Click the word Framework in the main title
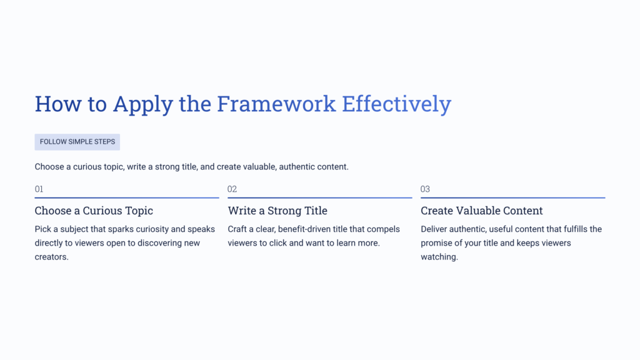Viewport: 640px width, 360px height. click(x=276, y=104)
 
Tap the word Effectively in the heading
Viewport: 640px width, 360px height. click(x=396, y=104)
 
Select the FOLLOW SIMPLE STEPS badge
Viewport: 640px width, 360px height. click(x=77, y=142)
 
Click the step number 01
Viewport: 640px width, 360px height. click(x=39, y=189)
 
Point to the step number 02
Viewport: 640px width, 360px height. click(x=232, y=189)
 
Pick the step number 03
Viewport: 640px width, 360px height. click(x=426, y=189)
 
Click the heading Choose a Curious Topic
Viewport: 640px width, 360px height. click(x=94, y=211)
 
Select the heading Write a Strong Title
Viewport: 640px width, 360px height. click(x=277, y=211)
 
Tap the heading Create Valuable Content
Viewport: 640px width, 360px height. click(x=482, y=211)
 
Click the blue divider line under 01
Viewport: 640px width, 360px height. click(x=127, y=197)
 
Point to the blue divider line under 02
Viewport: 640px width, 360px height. click(x=320, y=197)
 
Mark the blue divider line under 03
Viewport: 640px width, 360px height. click(x=512, y=197)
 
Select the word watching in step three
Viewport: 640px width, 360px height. click(x=439, y=257)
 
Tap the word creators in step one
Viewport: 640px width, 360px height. click(x=51, y=257)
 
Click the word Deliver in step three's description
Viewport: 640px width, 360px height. click(x=435, y=229)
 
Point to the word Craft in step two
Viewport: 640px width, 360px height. click(x=238, y=229)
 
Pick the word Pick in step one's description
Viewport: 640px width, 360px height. click(x=43, y=229)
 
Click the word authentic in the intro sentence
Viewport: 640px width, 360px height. click(x=298, y=167)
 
